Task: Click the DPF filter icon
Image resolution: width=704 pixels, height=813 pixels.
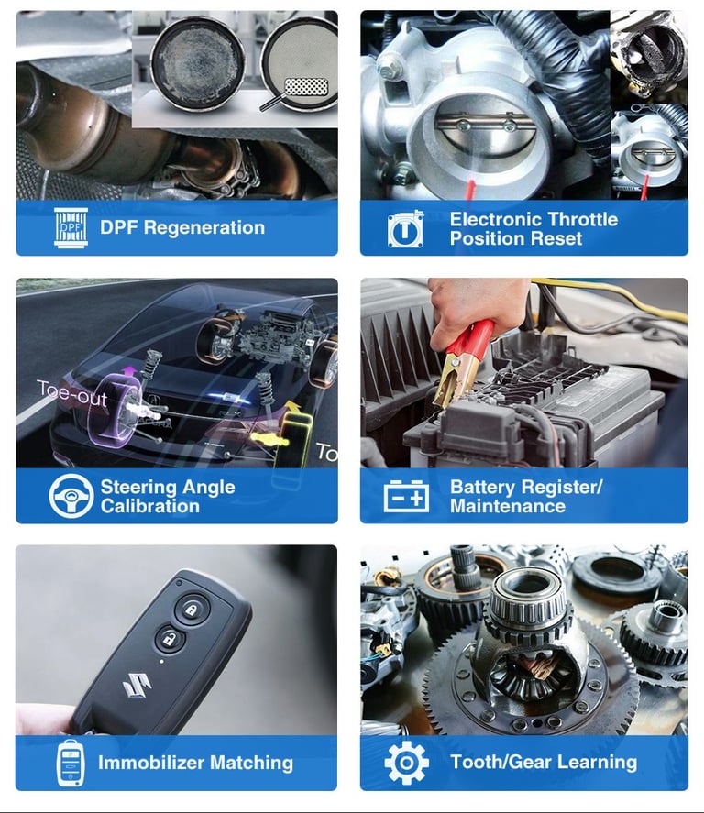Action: [x=71, y=228]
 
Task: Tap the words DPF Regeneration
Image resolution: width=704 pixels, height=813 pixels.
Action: [x=182, y=228]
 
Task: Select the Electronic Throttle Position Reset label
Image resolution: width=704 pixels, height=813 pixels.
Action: [x=533, y=229]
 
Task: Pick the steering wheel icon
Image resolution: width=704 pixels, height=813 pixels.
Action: [x=71, y=496]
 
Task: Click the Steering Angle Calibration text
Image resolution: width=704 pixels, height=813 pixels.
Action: [x=168, y=496]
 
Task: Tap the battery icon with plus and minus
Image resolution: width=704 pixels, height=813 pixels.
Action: [x=406, y=497]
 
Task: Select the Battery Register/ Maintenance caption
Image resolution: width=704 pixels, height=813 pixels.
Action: [x=525, y=496]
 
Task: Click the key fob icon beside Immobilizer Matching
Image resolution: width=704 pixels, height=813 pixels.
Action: [x=71, y=763]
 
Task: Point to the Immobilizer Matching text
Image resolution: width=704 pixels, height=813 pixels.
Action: [x=195, y=763]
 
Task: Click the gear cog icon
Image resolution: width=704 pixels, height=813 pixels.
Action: [x=406, y=763]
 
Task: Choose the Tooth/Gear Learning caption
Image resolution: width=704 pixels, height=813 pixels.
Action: [x=544, y=762]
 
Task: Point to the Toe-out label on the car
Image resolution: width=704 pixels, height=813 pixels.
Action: [x=72, y=395]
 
